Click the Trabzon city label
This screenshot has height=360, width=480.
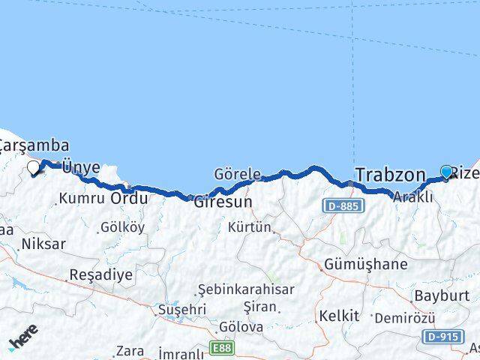389,175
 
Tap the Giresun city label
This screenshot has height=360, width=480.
222,202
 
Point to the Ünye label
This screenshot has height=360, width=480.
79,167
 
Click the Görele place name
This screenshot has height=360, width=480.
237,173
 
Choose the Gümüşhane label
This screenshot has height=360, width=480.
366,264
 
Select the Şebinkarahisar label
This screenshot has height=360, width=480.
246,289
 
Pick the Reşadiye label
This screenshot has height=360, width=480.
100,274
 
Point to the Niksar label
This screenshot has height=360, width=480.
43,244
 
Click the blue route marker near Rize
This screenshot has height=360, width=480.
447,172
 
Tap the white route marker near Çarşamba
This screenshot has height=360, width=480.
34,168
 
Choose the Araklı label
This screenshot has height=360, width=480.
413,197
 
